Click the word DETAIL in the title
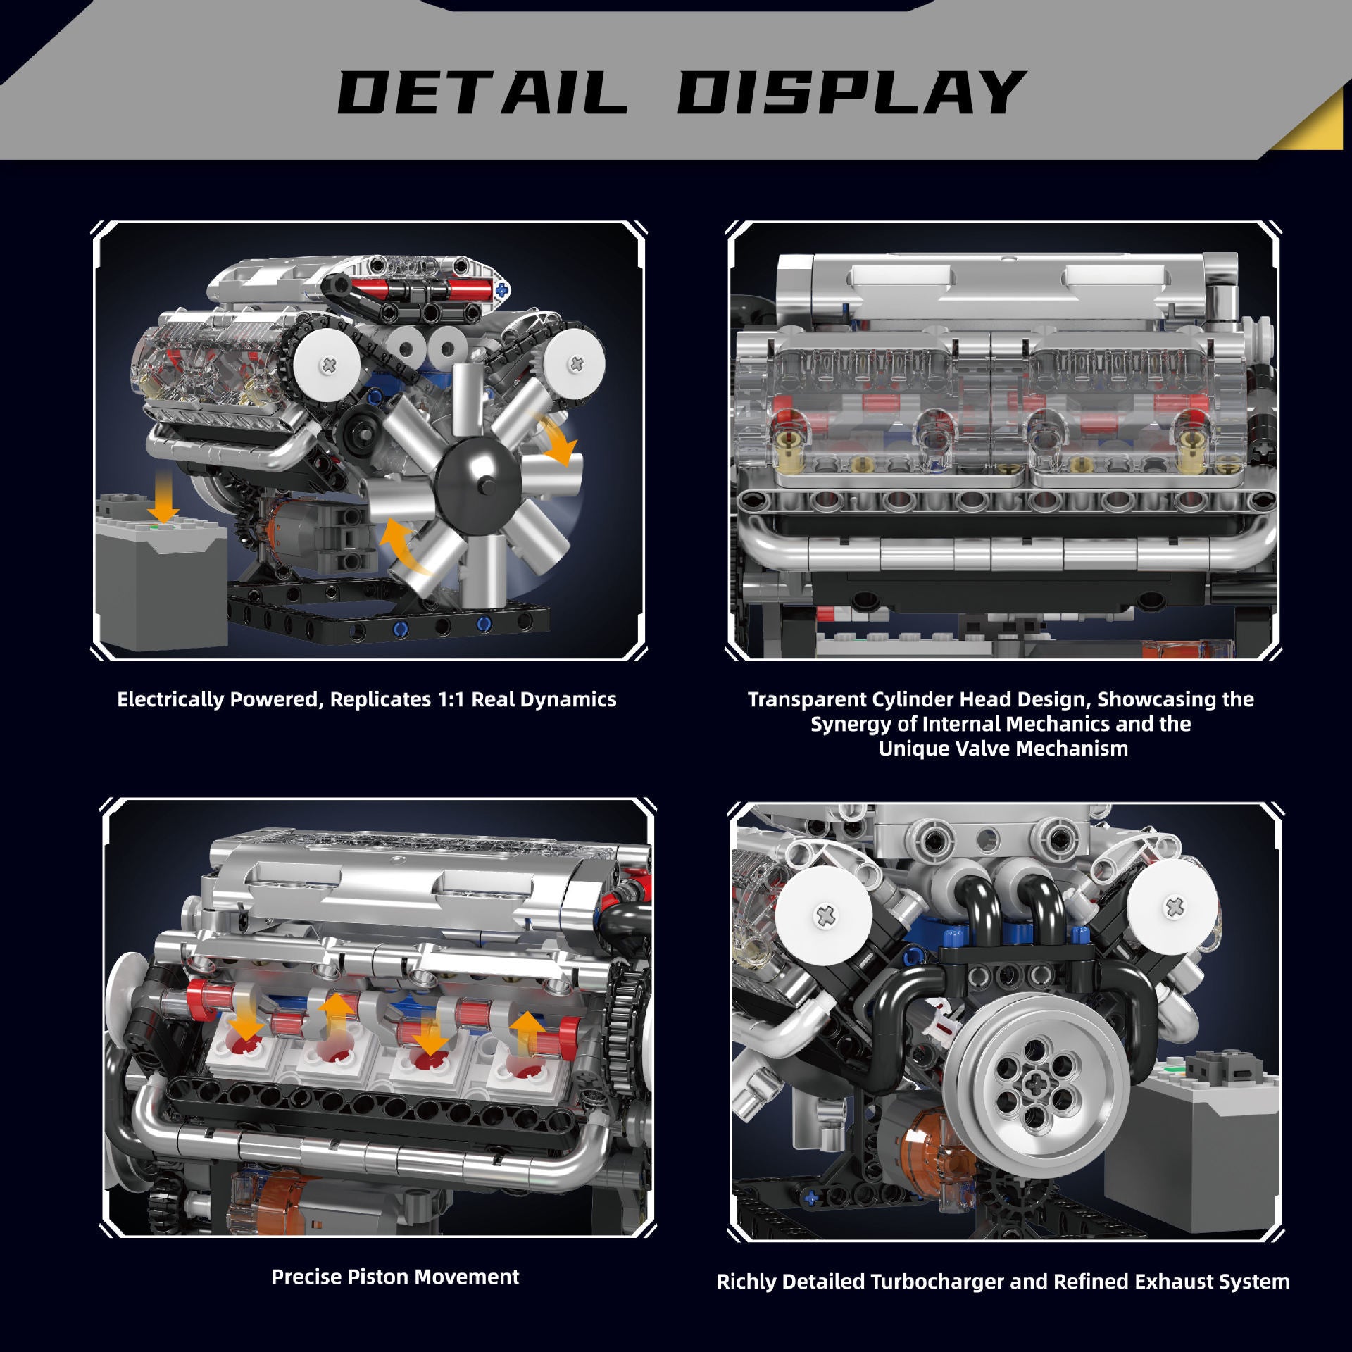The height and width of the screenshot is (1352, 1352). point(482,93)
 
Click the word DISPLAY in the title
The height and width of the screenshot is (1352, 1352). point(849,93)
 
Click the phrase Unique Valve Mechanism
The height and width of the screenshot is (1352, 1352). point(1003,748)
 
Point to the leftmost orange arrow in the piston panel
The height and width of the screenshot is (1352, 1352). point(246,1021)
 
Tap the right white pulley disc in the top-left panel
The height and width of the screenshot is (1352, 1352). point(576,363)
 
